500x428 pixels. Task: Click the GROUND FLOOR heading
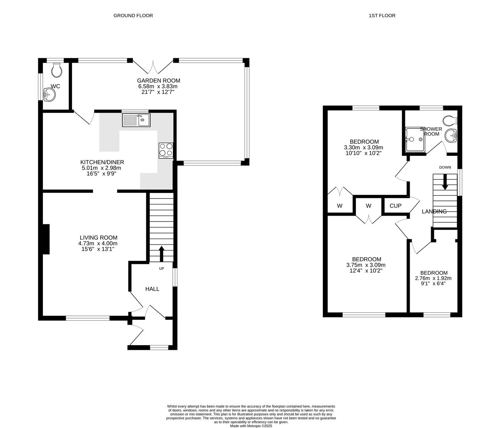coord(133,16)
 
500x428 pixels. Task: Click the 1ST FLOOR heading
coord(382,16)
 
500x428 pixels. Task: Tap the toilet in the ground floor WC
coord(57,70)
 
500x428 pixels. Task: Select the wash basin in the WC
coord(50,94)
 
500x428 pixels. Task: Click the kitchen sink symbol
coord(136,120)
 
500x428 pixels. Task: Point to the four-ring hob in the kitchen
coord(166,151)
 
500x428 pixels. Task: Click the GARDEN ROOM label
coord(158,80)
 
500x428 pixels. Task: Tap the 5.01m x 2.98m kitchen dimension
coord(101,168)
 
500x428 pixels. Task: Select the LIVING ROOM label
coord(99,238)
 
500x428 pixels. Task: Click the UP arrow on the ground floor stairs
coord(161,254)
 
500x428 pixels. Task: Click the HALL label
coord(153,289)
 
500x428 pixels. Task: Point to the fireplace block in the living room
coord(46,239)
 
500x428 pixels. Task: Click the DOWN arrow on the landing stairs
coord(445,182)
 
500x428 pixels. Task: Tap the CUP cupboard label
coord(395,206)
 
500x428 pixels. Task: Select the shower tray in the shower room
coord(415,139)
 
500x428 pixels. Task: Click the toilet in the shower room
coord(450,120)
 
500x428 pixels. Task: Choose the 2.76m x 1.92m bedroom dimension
coord(433,278)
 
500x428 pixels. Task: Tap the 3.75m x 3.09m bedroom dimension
coord(366,265)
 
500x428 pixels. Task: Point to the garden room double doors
coord(153,67)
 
